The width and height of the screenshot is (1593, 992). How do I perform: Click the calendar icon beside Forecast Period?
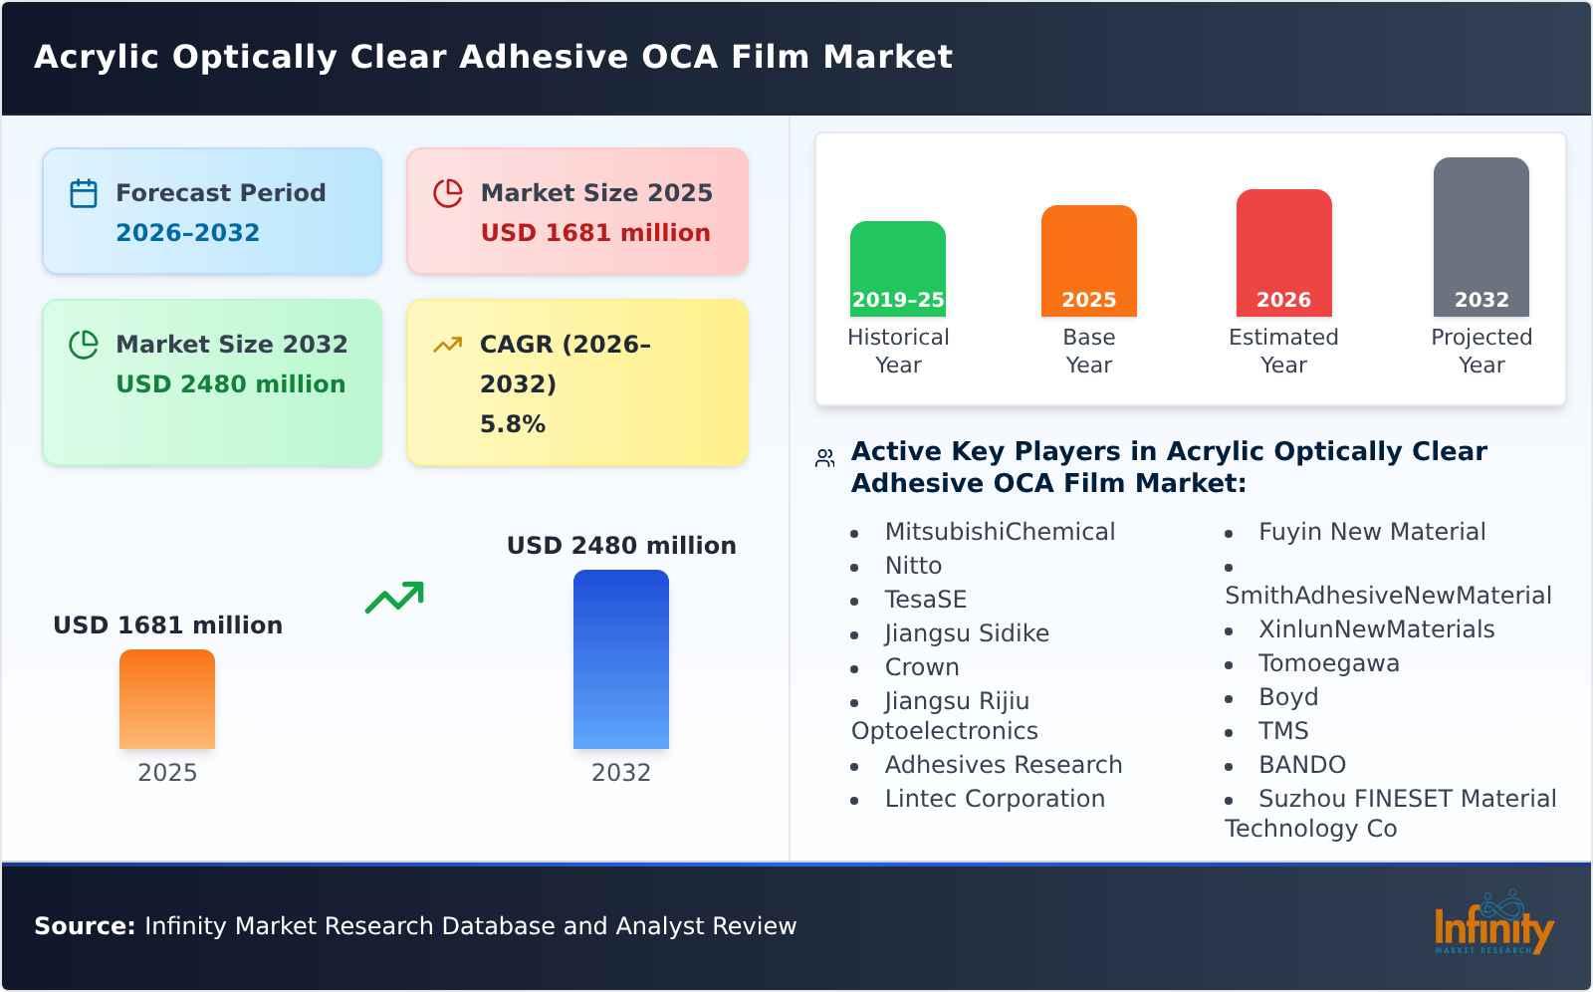pos(84,193)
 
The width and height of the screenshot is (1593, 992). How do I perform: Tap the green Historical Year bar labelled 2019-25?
pos(897,269)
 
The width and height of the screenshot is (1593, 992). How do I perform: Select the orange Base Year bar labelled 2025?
pos(1088,261)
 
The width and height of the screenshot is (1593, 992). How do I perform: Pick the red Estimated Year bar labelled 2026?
pos(1283,253)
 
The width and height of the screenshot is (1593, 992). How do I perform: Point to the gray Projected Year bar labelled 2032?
pos(1480,237)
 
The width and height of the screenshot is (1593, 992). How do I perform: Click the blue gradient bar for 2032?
pos(620,658)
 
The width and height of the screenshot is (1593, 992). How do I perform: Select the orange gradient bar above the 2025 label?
pos(167,698)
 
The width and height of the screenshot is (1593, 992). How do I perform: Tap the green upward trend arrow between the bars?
pos(394,598)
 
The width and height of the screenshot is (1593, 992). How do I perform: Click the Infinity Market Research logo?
pos(1493,925)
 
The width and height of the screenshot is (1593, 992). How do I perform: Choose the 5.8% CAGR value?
pos(513,424)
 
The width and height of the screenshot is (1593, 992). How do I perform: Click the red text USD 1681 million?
pos(595,233)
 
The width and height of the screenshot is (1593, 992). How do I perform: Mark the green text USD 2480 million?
pos(231,384)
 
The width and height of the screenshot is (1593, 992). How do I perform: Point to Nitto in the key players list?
pos(913,566)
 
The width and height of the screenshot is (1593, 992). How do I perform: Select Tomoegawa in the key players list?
pos(1328,663)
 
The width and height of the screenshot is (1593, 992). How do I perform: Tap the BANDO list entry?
pos(1301,765)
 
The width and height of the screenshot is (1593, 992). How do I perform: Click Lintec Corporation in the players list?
pos(995,799)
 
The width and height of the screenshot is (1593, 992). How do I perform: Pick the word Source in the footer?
pos(84,926)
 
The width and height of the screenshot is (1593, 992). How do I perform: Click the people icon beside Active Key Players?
pos(824,458)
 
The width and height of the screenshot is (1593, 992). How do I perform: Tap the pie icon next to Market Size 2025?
pos(448,193)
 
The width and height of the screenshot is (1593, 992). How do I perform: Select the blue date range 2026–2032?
pos(187,233)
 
